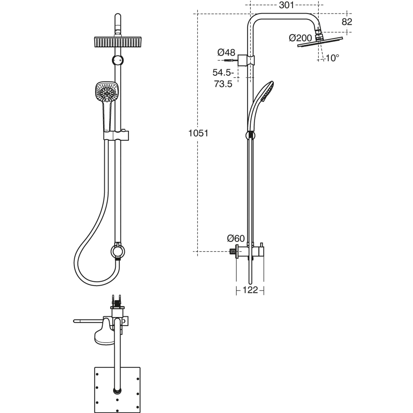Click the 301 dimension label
(286, 5)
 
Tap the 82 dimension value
(347, 22)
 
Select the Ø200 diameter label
(300, 38)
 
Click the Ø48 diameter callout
(226, 53)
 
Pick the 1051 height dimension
(198, 133)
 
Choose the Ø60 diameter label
(236, 238)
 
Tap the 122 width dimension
(250, 290)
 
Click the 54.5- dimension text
(223, 73)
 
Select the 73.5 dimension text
(223, 84)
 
